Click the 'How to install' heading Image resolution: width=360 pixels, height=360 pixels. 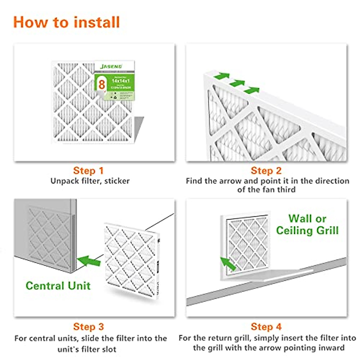(x=66, y=22)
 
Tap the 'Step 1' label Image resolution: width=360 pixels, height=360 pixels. (x=88, y=171)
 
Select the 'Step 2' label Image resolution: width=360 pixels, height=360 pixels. (x=266, y=171)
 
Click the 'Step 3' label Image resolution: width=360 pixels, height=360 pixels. (x=88, y=326)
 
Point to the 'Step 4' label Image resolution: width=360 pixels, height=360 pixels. (x=266, y=326)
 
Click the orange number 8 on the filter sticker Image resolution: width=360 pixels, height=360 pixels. (x=102, y=84)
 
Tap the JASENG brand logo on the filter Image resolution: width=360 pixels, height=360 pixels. (x=111, y=66)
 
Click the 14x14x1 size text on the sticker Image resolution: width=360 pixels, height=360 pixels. (x=120, y=81)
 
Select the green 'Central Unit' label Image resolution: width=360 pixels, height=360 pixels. (x=58, y=286)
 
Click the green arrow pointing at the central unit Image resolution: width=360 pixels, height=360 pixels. (x=89, y=260)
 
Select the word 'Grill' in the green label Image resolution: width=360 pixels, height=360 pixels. (x=325, y=230)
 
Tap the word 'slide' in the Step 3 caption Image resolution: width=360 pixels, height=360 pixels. (x=90, y=338)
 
